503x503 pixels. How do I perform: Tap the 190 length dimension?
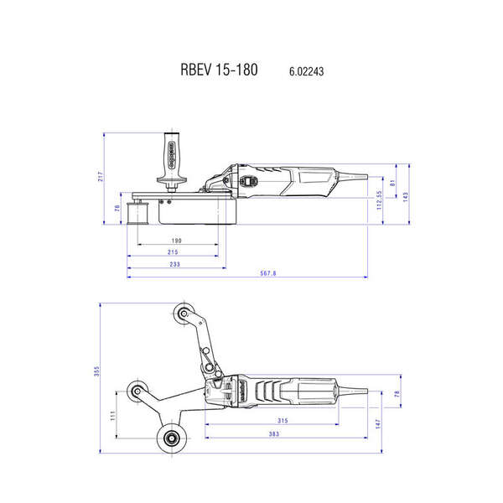click(176, 241)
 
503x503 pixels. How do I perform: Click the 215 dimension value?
click(173, 252)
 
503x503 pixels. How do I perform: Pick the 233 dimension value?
click(174, 264)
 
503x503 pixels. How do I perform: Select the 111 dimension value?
click(112, 417)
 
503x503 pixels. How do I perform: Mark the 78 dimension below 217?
click(117, 210)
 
